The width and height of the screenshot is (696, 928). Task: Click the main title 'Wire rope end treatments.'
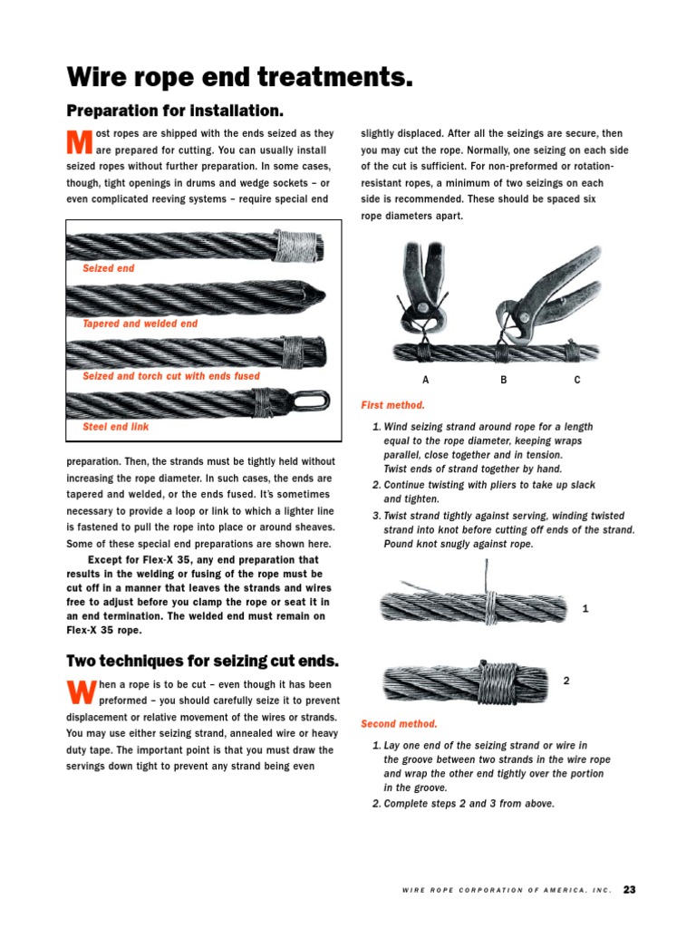[240, 78]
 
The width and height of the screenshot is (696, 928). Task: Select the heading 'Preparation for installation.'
[175, 111]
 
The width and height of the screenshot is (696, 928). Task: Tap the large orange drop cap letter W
[81, 693]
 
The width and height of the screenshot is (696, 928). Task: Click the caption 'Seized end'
[108, 269]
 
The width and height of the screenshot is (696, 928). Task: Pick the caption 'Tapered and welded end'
[140, 324]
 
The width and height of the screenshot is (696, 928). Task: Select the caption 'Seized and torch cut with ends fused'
[170, 376]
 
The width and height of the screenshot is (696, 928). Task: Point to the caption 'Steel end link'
[115, 427]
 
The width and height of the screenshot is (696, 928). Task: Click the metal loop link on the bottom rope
[301, 399]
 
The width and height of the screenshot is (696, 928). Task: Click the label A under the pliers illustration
[425, 381]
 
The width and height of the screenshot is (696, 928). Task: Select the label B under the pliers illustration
[504, 381]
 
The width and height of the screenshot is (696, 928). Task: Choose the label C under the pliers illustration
[577, 381]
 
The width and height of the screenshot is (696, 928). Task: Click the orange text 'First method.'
[392, 405]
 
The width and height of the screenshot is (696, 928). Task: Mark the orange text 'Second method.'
[399, 724]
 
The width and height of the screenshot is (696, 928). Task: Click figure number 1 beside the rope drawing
[585, 610]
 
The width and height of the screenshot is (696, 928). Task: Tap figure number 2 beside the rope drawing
[565, 680]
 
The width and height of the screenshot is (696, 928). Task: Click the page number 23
[629, 889]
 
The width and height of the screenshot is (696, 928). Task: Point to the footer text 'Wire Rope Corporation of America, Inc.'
[507, 891]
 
